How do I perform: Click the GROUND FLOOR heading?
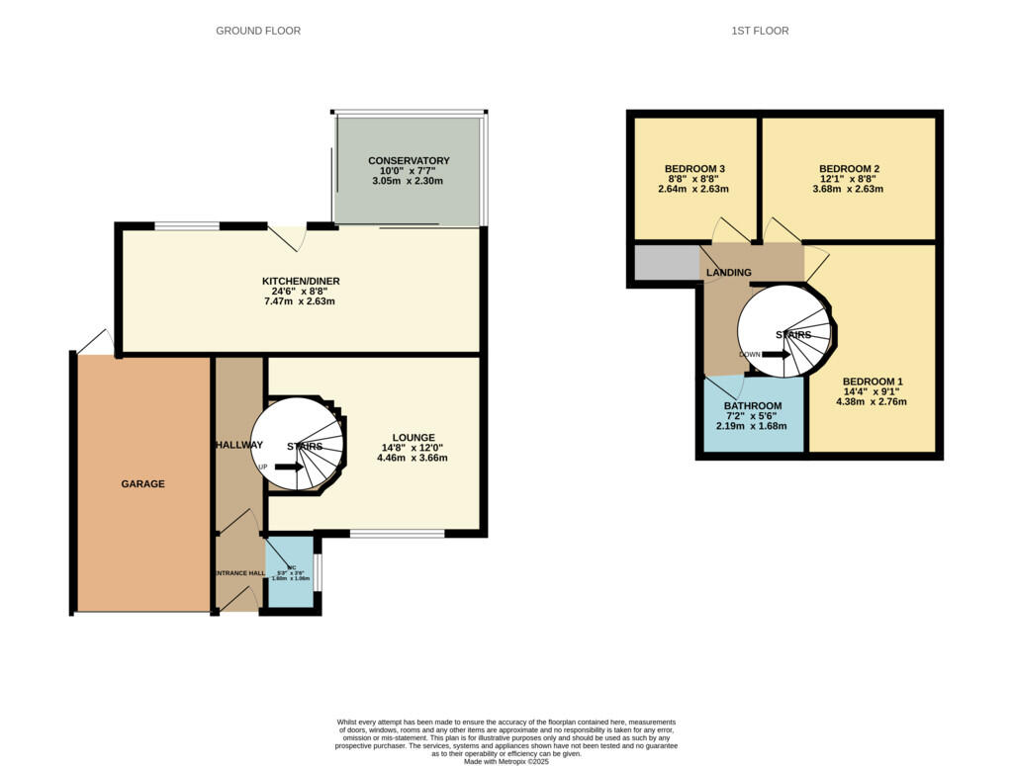(258, 31)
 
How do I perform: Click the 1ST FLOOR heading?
(760, 31)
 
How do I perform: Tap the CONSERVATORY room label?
(409, 160)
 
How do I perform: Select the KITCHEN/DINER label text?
(300, 281)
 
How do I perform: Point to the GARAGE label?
(142, 484)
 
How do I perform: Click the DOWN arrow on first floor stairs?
(776, 354)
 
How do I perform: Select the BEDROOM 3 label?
(694, 168)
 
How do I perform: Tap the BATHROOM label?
(752, 406)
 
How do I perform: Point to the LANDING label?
(729, 273)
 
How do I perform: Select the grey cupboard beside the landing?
(666, 262)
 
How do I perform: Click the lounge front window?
(397, 534)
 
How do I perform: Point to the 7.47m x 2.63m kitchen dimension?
(300, 301)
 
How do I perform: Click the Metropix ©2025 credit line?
(506, 761)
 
